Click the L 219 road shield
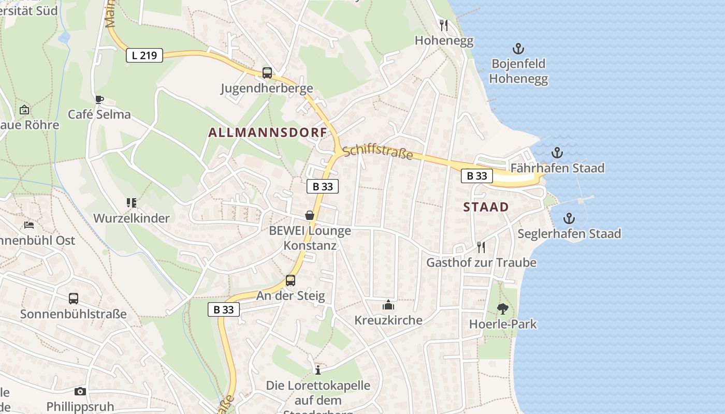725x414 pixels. click(x=144, y=55)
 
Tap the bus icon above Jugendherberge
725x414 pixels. click(x=267, y=73)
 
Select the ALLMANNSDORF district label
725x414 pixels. click(x=268, y=132)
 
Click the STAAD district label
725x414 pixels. click(x=486, y=207)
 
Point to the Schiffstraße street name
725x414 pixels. click(x=378, y=152)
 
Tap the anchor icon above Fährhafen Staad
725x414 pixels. click(x=557, y=153)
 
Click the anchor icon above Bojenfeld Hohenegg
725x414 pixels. click(x=518, y=49)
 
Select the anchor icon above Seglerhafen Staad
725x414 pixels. click(x=569, y=218)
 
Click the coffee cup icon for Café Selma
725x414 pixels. click(x=99, y=99)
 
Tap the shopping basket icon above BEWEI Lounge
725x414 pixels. click(x=310, y=215)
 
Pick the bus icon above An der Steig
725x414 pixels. click(x=291, y=280)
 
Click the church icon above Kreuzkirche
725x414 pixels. click(x=388, y=305)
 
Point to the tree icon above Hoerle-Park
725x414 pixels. click(x=502, y=309)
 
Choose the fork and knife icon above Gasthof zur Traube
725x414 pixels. click(x=481, y=247)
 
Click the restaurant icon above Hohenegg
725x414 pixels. click(x=444, y=25)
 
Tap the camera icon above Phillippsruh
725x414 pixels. click(x=80, y=391)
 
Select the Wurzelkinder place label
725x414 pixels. click(x=132, y=218)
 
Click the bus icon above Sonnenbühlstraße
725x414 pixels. click(x=74, y=299)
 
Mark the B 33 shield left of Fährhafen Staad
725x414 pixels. click(x=477, y=176)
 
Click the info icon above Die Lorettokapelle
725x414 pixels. click(x=318, y=370)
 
